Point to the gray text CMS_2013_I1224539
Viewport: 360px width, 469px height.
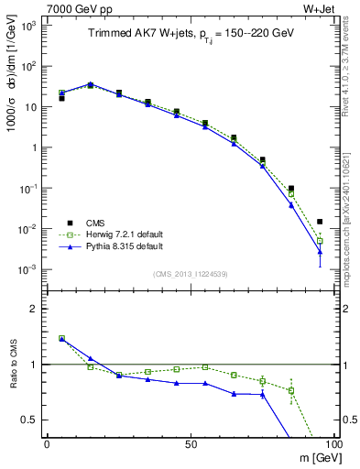(190, 273)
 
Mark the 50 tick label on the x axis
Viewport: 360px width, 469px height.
(191, 443)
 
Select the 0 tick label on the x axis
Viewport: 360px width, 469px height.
(47, 443)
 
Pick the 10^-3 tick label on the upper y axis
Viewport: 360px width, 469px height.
(29, 269)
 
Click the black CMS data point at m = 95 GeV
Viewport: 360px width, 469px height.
(320, 222)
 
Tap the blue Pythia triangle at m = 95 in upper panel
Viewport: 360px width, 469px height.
(320, 251)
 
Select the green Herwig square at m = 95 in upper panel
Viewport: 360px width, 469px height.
(320, 241)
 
